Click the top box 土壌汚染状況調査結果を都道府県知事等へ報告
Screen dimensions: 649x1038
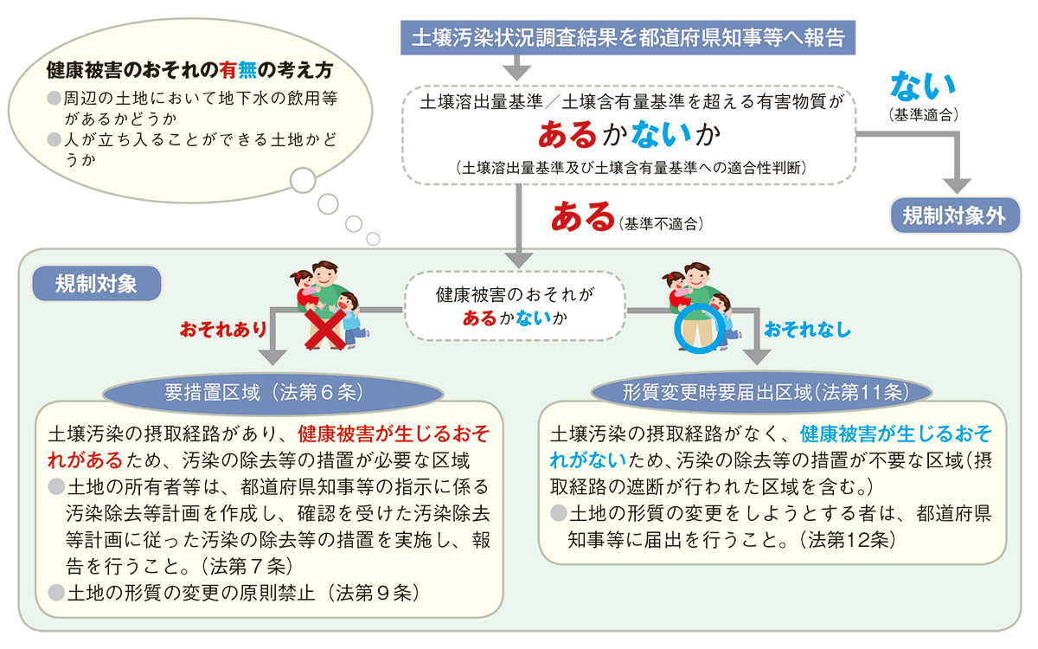point(628,37)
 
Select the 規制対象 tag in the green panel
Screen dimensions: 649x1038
point(96,283)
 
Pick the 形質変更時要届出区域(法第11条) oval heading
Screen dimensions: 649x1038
point(765,392)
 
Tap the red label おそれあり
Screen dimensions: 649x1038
point(223,330)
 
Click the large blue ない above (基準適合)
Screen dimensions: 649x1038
point(923,87)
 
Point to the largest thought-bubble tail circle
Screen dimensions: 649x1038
point(304,180)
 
